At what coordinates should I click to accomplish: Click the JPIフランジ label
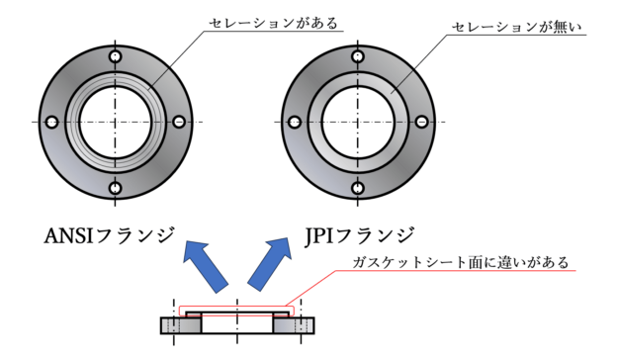(x=355, y=237)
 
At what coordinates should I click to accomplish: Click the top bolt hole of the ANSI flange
(x=116, y=56)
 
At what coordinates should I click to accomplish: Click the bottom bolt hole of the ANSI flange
(x=116, y=186)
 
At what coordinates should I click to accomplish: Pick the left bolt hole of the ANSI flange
(x=51, y=122)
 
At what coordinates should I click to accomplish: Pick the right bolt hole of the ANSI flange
(x=180, y=122)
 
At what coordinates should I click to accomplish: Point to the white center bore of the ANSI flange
(x=116, y=122)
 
